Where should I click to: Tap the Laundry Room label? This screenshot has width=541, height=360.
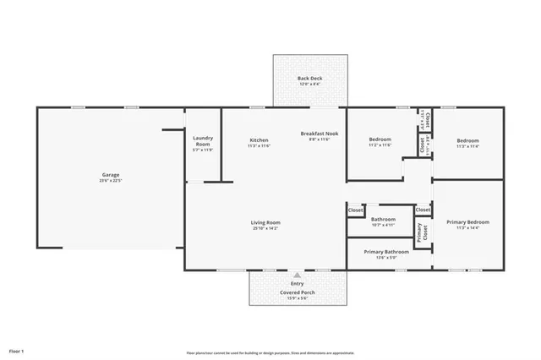point(203,140)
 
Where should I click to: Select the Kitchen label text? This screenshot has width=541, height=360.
point(259,139)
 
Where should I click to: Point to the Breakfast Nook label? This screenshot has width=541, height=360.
point(320,134)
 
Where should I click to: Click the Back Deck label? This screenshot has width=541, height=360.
point(310,79)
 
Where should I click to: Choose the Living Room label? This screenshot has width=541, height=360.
point(265,223)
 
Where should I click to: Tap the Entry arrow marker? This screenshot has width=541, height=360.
point(297,275)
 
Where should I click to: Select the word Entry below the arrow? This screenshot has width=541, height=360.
point(297,284)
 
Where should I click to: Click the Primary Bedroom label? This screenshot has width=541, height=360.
point(467,221)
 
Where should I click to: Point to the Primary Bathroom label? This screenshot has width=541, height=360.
point(386,252)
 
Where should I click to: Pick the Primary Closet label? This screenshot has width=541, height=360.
point(422,231)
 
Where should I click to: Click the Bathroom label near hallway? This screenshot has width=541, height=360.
point(383,220)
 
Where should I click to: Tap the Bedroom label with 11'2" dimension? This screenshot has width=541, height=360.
point(380,139)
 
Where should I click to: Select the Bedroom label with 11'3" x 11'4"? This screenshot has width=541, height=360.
point(467,140)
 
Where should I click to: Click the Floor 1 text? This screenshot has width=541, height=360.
point(17,350)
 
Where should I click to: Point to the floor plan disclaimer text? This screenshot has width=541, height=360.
point(270,353)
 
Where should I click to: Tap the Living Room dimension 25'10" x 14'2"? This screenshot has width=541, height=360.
point(265,229)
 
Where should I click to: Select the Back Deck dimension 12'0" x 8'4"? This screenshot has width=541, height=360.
point(310,85)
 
